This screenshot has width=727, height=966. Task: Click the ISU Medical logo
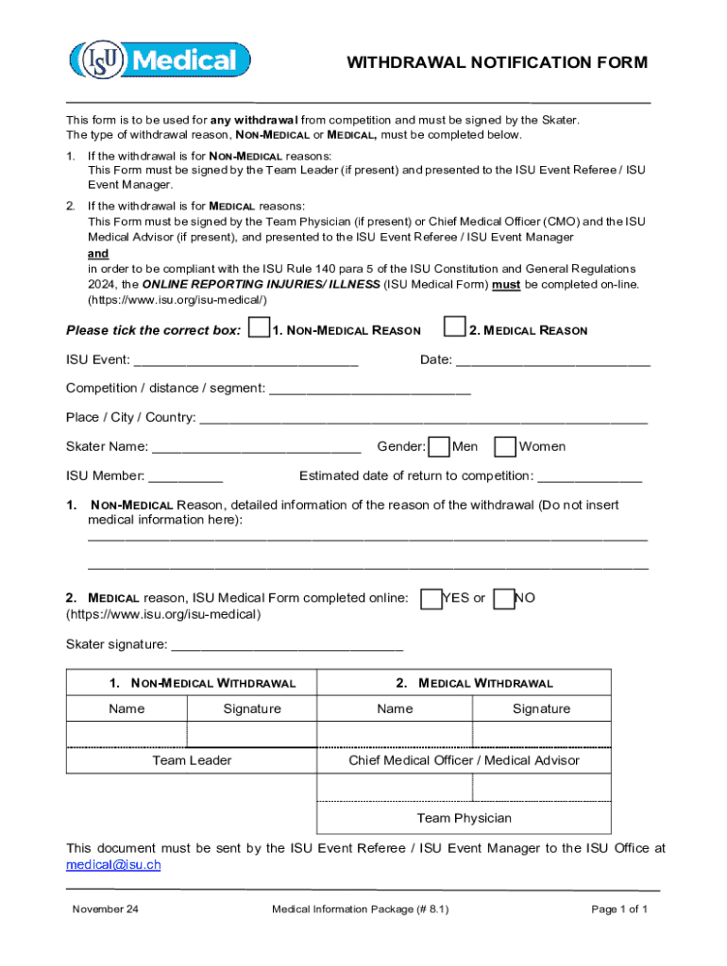point(160,61)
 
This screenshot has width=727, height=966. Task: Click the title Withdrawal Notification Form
point(497,63)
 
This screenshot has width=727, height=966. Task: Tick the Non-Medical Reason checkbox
point(257,328)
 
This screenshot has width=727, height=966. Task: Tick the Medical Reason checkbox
point(455,328)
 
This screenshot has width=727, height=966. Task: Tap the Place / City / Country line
point(424,418)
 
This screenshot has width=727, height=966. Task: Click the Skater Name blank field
point(256,447)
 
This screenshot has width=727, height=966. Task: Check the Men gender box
point(439,447)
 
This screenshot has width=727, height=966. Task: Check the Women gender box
point(505,447)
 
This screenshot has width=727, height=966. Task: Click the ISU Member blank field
point(186,476)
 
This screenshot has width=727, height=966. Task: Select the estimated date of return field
point(590,476)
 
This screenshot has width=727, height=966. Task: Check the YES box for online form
point(431,599)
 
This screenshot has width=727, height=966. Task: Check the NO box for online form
point(504,599)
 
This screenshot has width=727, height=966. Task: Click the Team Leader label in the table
point(192,760)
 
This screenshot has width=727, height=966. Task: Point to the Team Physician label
point(464,818)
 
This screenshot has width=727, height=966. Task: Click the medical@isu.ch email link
point(113,864)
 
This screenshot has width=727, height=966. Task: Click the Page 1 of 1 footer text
point(618,909)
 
